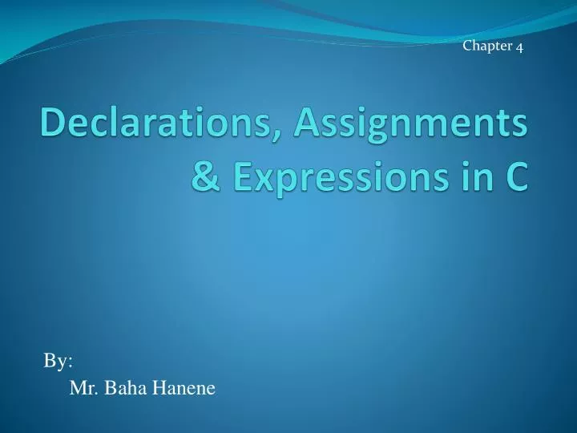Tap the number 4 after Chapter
pos(519,47)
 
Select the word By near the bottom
pos(55,362)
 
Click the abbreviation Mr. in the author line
pos(83,391)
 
